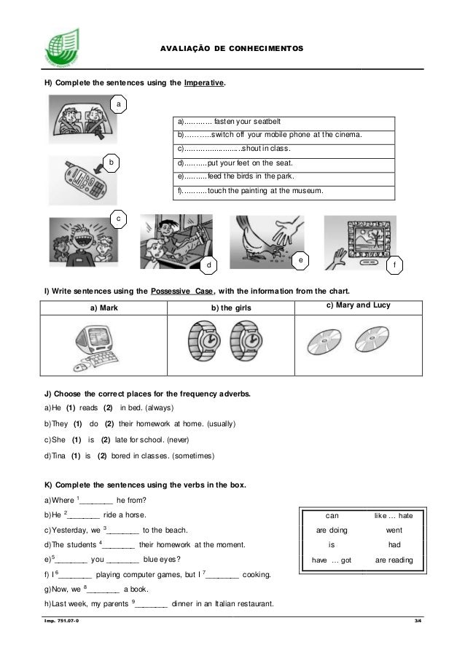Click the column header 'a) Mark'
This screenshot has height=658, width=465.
point(103,309)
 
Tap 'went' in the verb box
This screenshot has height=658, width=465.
point(393,530)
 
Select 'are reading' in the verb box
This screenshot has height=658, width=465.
point(394,560)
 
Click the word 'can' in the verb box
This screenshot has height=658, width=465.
point(332,515)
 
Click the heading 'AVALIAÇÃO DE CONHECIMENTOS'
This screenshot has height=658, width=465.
point(231,48)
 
